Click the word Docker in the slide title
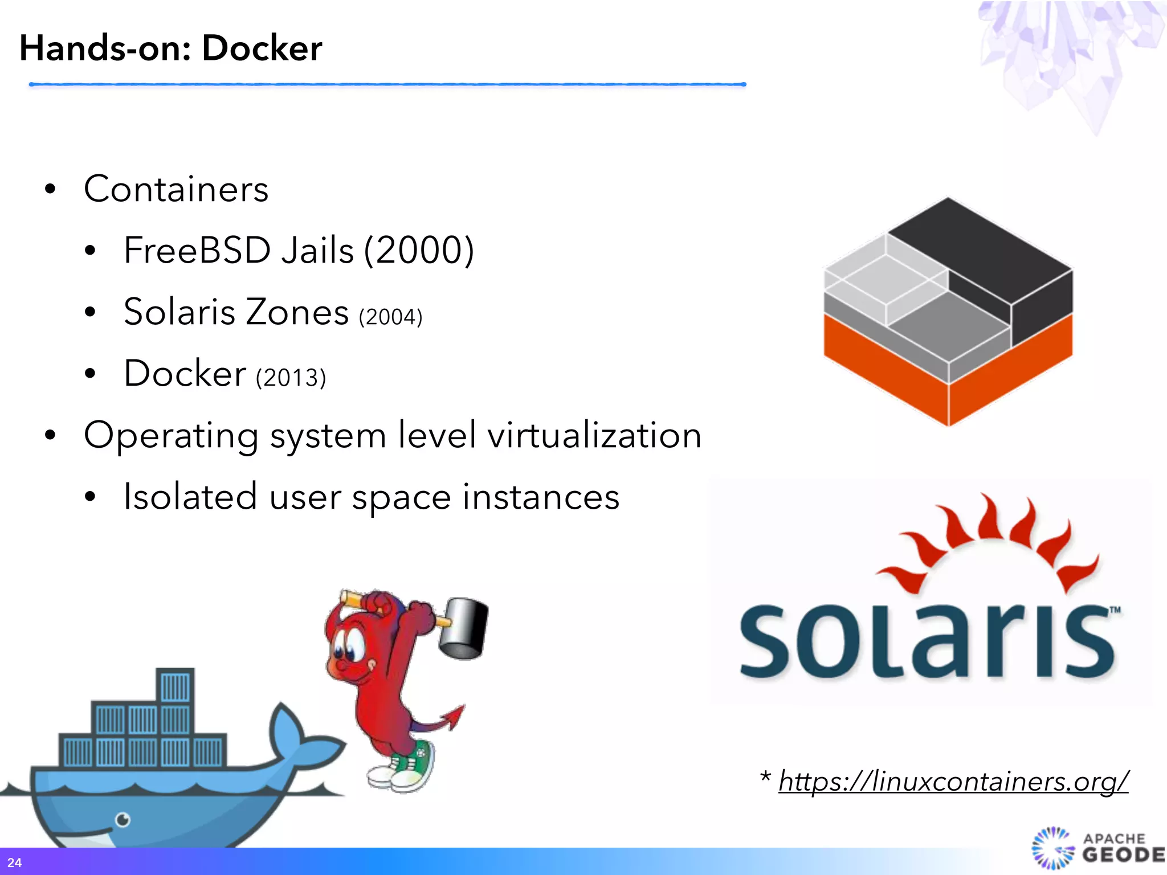(x=262, y=48)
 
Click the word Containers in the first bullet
(x=176, y=189)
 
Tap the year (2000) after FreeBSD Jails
(x=419, y=250)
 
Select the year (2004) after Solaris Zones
(x=391, y=317)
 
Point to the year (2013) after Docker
(x=291, y=378)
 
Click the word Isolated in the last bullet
(x=190, y=496)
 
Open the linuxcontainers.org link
(x=953, y=780)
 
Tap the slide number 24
(x=14, y=862)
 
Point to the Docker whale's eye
(x=123, y=820)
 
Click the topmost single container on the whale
(x=175, y=686)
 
